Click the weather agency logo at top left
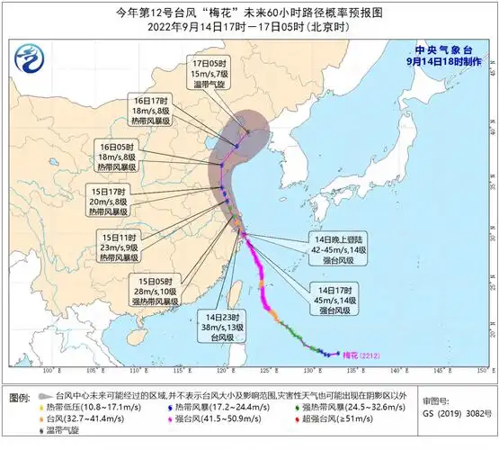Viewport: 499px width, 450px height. tap(30, 63)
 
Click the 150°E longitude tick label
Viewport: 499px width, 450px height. tap(483, 370)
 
